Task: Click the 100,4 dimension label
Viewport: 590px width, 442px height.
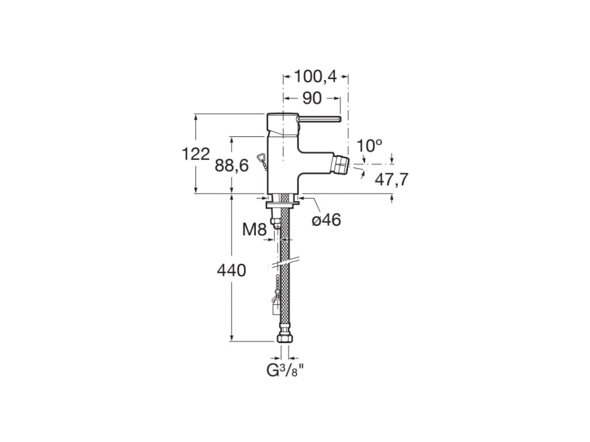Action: (315, 77)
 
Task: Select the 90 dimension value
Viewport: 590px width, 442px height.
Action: (312, 98)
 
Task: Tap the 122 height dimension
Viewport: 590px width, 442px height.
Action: (196, 154)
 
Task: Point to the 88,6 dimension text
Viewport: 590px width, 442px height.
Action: (232, 165)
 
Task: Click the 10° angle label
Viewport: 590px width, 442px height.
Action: (369, 146)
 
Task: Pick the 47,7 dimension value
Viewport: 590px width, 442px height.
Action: (391, 180)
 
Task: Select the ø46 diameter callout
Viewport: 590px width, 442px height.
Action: (327, 220)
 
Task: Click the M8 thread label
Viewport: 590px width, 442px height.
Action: (254, 229)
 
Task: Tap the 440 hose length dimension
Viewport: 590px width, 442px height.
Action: (232, 270)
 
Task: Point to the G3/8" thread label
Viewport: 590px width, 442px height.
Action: (285, 371)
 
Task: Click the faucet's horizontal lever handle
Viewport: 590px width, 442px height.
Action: (319, 120)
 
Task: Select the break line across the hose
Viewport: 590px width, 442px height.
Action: (283, 262)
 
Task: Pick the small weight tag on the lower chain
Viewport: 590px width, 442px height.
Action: (275, 306)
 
